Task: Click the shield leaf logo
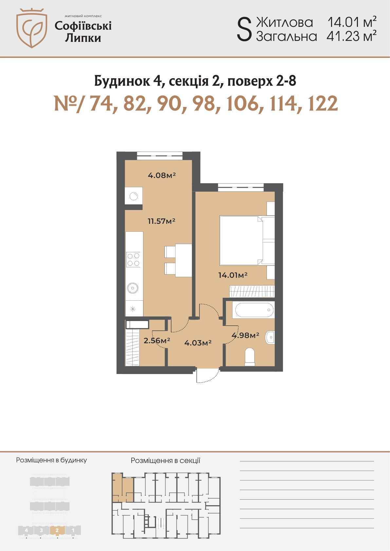pyautogui.click(x=32, y=28)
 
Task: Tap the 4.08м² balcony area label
pyautogui.click(x=162, y=175)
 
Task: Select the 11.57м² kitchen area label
pyautogui.click(x=161, y=221)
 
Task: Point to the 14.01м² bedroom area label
pyautogui.click(x=233, y=275)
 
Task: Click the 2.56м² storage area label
pyautogui.click(x=157, y=340)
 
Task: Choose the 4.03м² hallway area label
pyautogui.click(x=198, y=343)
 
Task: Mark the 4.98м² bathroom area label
pyautogui.click(x=246, y=335)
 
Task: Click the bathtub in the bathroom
pyautogui.click(x=254, y=310)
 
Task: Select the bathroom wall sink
pyautogui.click(x=270, y=337)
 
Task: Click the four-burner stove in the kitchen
pyautogui.click(x=133, y=259)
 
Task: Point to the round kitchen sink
pyautogui.click(x=133, y=288)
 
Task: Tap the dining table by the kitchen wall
pyautogui.click(x=184, y=260)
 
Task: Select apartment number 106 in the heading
pyautogui.click(x=243, y=104)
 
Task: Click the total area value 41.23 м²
pyautogui.click(x=351, y=36)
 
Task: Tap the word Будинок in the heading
pyautogui.click(x=122, y=80)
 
